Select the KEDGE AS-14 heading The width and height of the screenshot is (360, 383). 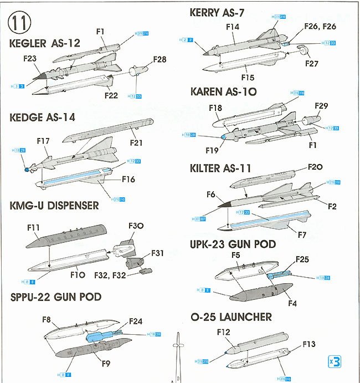(x=43, y=118)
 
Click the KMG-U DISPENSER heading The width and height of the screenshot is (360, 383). (x=54, y=206)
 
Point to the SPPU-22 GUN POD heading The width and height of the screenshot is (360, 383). (x=56, y=297)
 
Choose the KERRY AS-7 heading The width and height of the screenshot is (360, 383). (x=217, y=12)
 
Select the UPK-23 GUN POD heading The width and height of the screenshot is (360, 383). (x=233, y=244)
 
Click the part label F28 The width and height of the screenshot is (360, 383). (x=160, y=59)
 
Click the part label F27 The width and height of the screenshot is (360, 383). (x=312, y=64)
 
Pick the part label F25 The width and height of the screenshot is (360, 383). (x=302, y=259)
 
